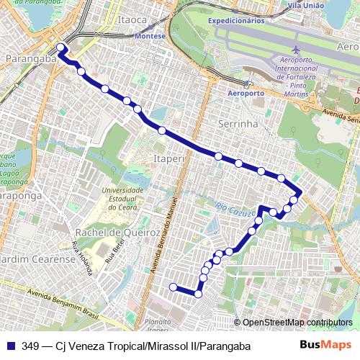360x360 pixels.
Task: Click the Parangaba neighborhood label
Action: point(30,59)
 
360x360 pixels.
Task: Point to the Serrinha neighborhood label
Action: point(238,124)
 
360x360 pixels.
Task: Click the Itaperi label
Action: point(170,156)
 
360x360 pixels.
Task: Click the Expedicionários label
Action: point(238,21)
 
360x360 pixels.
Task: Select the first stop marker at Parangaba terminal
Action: point(60,48)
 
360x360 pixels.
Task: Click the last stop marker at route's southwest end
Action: point(173,287)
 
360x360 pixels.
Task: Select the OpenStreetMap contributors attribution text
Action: point(298,323)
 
